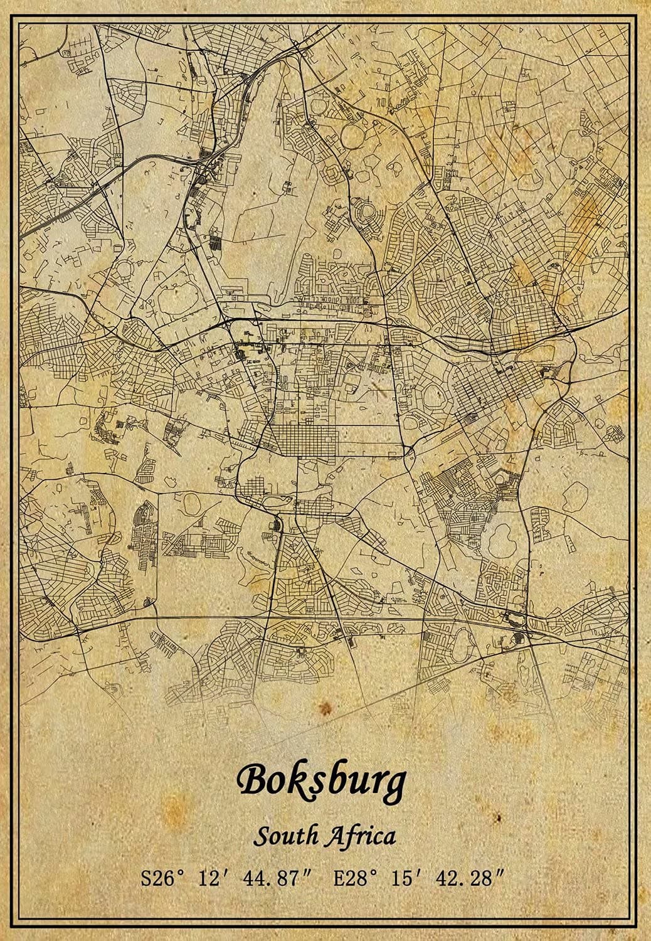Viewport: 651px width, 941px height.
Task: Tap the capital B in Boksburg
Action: click(252, 780)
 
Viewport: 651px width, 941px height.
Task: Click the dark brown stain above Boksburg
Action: click(325, 708)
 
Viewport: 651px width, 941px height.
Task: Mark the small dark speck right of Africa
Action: click(499, 819)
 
